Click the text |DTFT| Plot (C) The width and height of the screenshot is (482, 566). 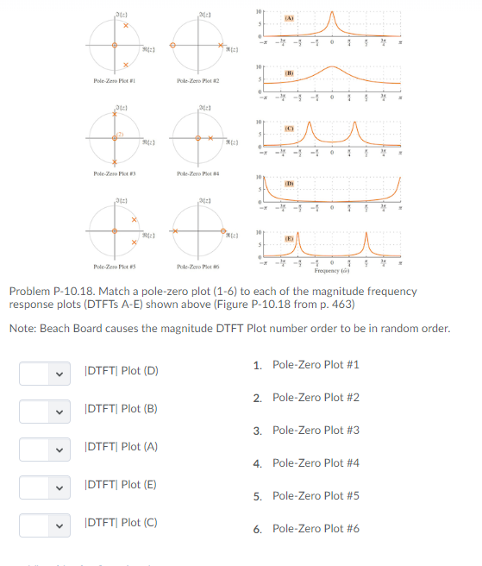(121, 524)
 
